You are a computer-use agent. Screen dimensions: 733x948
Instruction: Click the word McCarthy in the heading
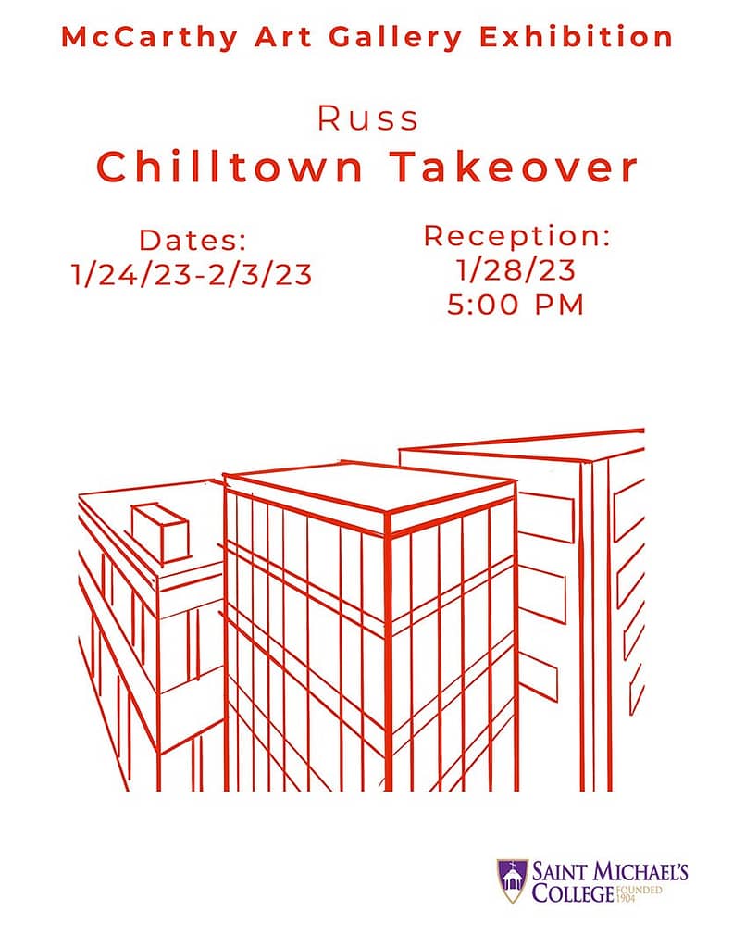[x=149, y=37]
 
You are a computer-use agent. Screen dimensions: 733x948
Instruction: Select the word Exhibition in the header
[x=576, y=36]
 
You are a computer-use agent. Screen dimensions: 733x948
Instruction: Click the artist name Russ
[x=368, y=118]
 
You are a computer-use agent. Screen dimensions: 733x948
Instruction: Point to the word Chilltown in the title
[x=230, y=167]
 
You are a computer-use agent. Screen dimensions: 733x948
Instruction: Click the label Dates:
[x=193, y=241]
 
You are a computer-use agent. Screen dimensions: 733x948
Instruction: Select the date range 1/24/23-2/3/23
[x=192, y=274]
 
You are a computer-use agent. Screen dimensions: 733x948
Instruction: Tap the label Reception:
[x=516, y=236]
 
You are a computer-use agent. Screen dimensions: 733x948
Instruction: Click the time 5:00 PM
[x=516, y=304]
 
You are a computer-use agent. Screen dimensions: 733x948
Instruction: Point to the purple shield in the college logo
[x=512, y=881]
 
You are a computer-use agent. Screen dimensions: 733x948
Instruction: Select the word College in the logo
[x=573, y=893]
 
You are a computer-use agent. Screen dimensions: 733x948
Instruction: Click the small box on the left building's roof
[x=161, y=532]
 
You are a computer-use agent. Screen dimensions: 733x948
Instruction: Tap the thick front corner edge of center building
[x=388, y=653]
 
